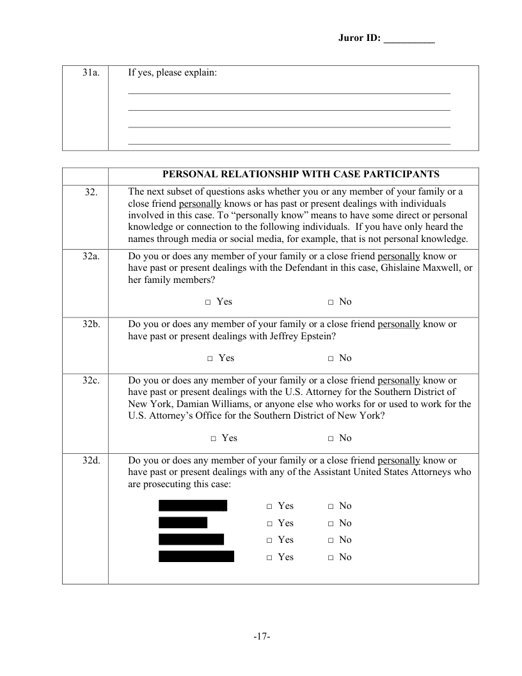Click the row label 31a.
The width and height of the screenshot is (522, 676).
[x=90, y=73]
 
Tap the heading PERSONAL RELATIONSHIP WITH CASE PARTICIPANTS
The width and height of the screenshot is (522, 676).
[x=301, y=174]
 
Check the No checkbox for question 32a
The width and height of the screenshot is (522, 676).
[x=331, y=302]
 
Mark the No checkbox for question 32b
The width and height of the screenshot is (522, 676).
[x=331, y=358]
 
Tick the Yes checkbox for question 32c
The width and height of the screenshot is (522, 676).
[x=214, y=439]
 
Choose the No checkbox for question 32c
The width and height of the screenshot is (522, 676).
[x=331, y=439]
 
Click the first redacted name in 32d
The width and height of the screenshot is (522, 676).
[x=193, y=506]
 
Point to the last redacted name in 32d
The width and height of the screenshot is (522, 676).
[x=196, y=557]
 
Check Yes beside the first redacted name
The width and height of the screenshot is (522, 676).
[x=270, y=506]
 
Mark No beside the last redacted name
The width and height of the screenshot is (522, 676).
[x=331, y=558]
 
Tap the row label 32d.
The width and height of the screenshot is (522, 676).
[x=90, y=460]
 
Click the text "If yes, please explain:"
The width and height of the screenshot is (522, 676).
[x=173, y=73]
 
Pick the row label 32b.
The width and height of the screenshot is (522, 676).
[x=90, y=325]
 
